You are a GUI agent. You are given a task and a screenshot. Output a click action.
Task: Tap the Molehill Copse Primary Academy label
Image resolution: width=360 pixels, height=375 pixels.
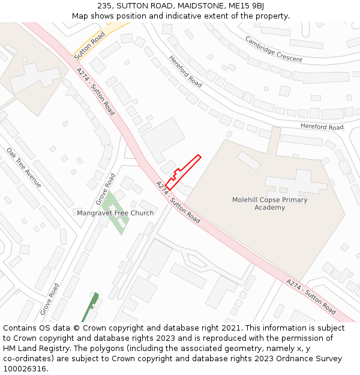tap(269, 203)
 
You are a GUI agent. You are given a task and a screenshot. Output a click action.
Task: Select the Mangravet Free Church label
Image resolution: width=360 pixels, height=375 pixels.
tap(115, 213)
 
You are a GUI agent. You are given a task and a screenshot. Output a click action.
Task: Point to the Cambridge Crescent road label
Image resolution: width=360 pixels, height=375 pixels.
tap(274, 49)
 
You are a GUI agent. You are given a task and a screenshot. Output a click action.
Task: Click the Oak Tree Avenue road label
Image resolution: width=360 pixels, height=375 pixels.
tap(24, 167)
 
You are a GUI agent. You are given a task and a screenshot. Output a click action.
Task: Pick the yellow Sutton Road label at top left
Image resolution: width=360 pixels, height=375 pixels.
tap(89, 45)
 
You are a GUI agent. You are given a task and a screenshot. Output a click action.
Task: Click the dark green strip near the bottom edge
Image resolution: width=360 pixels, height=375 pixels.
tap(91, 307)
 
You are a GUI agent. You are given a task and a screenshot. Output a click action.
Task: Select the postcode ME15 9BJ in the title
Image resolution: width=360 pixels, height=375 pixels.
tap(245, 6)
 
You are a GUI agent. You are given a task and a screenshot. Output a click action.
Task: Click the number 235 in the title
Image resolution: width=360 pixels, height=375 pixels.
tap(104, 6)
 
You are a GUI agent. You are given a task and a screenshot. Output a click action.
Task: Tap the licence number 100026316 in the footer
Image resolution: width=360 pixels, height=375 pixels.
tap(25, 369)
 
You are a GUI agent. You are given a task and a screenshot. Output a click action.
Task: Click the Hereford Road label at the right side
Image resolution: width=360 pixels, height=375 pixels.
tap(322, 127)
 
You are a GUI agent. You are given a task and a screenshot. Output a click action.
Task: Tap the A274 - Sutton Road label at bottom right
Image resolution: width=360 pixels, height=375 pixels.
tap(311, 297)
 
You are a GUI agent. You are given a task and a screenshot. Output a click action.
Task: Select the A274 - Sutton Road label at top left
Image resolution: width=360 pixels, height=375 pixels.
tap(95, 91)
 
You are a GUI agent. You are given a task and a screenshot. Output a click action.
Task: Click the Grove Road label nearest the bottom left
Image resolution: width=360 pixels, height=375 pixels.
tap(49, 299)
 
